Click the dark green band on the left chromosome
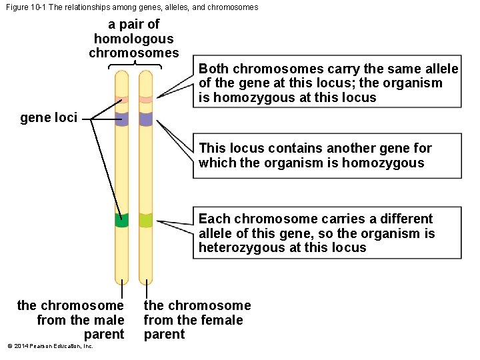pyautogui.click(x=121, y=221)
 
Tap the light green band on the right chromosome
pyautogui.click(x=146, y=220)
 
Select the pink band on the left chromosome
pyautogui.click(x=121, y=100)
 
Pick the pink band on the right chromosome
pyautogui.click(x=146, y=100)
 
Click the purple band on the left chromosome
pyautogui.click(x=121, y=119)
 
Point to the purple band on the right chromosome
pyautogui.click(x=146, y=119)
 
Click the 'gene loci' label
pyautogui.click(x=49, y=118)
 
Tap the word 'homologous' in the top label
pyautogui.click(x=133, y=39)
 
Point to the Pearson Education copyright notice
pyautogui.click(x=50, y=346)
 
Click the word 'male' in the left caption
pyautogui.click(x=110, y=320)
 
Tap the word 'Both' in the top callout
pyautogui.click(x=213, y=69)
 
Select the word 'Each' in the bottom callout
pyautogui.click(x=214, y=219)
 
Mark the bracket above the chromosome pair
pyautogui.click(x=135, y=65)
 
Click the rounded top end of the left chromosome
pyautogui.click(x=121, y=75)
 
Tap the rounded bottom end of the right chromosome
pyautogui.click(x=146, y=280)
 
